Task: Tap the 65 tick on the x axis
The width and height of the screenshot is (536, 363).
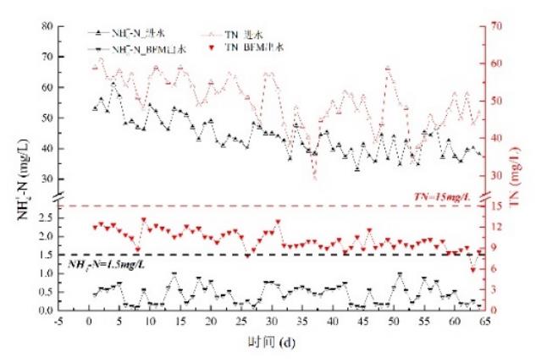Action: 484,323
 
